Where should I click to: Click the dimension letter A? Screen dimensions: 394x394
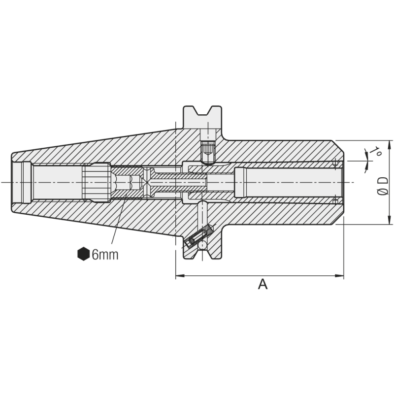point(263,284)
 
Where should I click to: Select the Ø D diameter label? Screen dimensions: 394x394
point(382,185)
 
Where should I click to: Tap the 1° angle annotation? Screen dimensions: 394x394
point(376,151)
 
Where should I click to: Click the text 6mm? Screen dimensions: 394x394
point(105,255)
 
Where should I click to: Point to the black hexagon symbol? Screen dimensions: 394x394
point(83,254)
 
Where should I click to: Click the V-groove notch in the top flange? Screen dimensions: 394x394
point(202,112)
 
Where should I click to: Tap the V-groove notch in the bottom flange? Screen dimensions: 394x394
point(202,253)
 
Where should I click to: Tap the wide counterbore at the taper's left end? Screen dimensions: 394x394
point(22,182)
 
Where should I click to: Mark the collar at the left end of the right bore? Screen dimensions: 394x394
point(239,182)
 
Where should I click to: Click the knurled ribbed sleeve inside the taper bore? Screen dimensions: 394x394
point(96,182)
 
